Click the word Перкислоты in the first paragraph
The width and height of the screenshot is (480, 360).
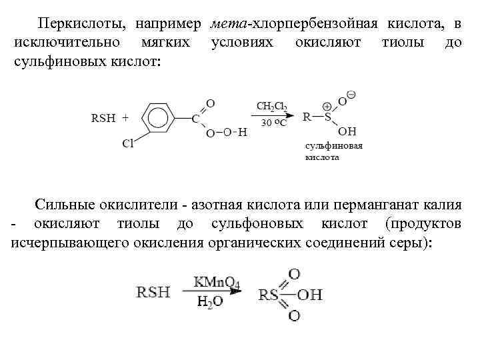point(79,24)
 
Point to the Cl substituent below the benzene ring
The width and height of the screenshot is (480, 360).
point(127,142)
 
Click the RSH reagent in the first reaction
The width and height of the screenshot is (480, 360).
point(102,118)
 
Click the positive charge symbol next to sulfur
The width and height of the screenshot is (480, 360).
point(327,107)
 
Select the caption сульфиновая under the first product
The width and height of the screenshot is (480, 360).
point(333,146)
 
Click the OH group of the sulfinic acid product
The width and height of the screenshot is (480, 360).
point(348,131)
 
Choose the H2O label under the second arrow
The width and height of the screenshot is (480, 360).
point(209,302)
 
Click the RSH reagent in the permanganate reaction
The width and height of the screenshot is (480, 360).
point(153,292)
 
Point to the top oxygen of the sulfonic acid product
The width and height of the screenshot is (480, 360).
point(294,273)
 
